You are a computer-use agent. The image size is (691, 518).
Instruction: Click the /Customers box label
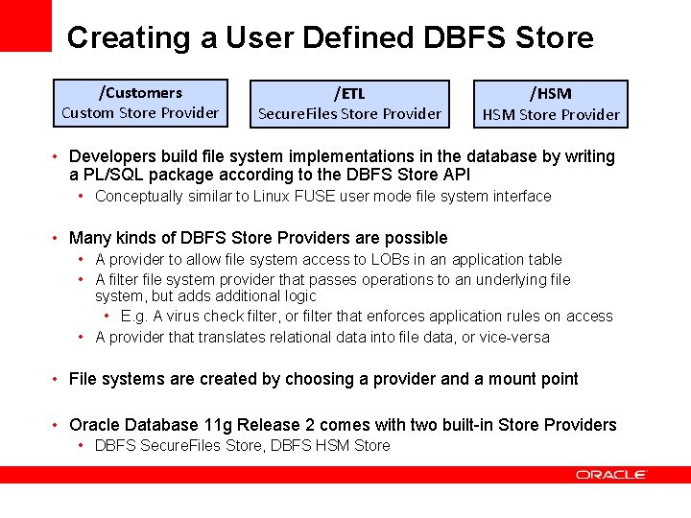point(140,93)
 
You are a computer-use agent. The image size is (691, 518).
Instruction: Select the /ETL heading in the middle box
point(349,94)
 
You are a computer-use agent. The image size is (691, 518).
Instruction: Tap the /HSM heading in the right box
point(551,94)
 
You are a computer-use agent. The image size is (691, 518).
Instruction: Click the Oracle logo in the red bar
point(611,474)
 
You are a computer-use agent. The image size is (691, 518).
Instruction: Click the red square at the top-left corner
point(25,25)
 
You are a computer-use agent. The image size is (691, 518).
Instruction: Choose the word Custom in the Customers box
point(86,113)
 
